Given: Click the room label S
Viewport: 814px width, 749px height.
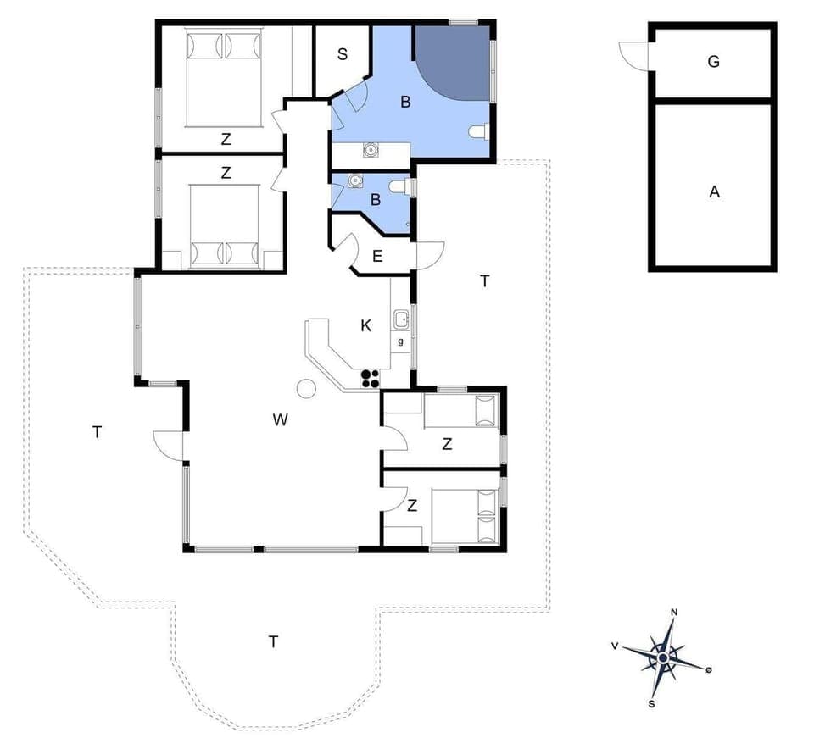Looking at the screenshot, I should point(343,55).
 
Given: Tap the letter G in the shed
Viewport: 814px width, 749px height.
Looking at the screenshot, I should point(713,61).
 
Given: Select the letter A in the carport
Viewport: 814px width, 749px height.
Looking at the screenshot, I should point(714,192).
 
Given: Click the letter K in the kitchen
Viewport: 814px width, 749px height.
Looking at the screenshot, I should point(366,325).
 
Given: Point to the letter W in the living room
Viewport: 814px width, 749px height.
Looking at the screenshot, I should point(281,419).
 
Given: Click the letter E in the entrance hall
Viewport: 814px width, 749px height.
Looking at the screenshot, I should point(378,256).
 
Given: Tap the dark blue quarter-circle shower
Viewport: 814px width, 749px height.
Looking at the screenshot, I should point(449,61).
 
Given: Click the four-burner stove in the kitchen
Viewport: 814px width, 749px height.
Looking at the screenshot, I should point(371,378).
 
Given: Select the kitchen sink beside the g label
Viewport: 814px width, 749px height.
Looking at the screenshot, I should point(400,319).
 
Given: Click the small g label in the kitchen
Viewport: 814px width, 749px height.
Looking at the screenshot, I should point(400,341).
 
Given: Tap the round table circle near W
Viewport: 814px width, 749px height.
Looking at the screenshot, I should point(305,388).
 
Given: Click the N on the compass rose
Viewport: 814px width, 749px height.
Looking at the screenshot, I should point(674,612).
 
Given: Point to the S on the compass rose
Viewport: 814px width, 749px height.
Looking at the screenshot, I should point(652,702).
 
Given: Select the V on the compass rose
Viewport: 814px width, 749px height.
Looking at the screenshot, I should point(614,646).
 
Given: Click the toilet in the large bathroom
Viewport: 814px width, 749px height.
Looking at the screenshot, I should point(479,131).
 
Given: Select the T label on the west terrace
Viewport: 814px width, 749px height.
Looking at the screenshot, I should point(97,432).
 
